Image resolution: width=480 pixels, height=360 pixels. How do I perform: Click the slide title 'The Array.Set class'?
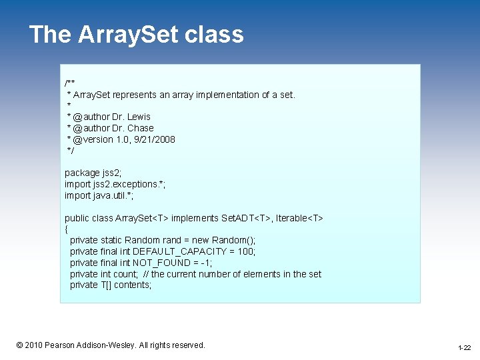(137, 35)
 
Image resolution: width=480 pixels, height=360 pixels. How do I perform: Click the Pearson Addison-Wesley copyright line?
(111, 345)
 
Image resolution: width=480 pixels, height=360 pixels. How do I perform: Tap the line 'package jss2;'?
(93, 173)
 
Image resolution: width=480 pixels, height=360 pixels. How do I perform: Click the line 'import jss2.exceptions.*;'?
(115, 184)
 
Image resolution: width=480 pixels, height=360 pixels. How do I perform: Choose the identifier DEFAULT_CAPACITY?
(180, 251)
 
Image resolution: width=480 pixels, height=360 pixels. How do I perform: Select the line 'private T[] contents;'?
(111, 285)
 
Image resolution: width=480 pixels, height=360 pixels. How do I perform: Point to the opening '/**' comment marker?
(69, 83)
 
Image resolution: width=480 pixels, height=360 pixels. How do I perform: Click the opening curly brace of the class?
(67, 229)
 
